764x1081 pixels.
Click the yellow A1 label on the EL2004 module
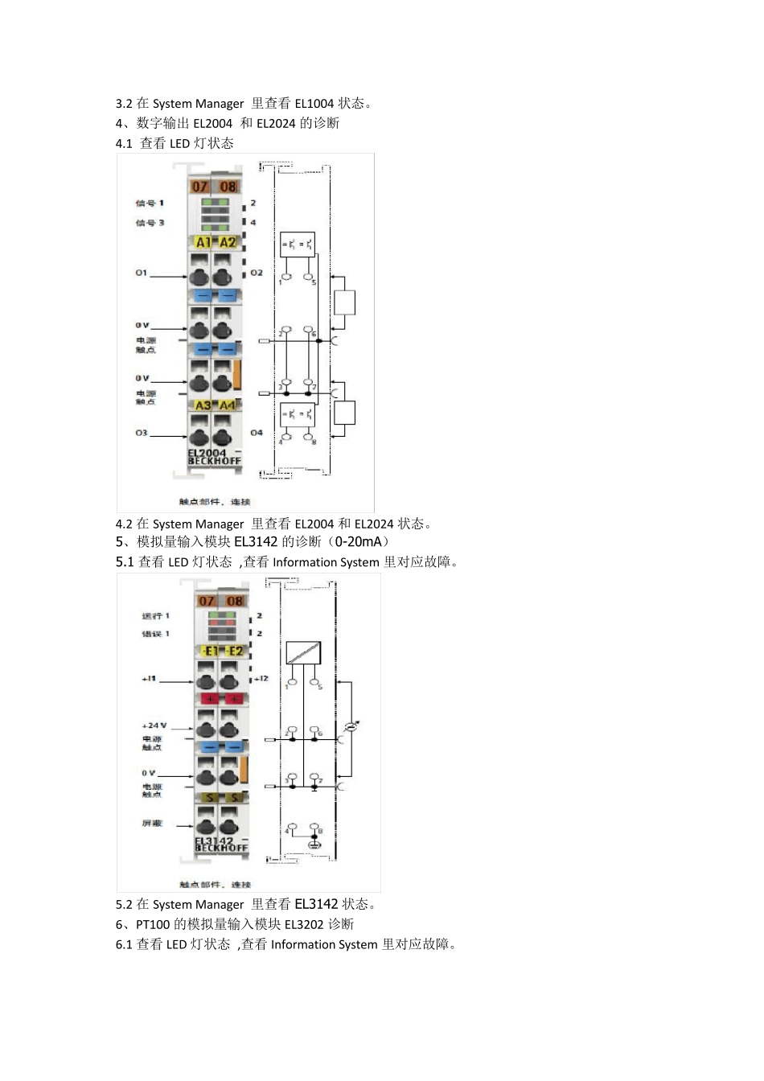[203, 242]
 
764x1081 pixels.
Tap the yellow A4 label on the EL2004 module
[228, 405]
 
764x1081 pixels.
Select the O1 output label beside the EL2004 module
[142, 273]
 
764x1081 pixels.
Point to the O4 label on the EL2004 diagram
[256, 433]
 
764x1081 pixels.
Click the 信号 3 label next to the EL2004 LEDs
[150, 222]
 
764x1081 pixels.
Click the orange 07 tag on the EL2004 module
[200, 187]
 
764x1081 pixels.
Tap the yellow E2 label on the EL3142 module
[235, 651]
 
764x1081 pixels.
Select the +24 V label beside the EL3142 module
[154, 725]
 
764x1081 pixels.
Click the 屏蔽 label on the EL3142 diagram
[152, 824]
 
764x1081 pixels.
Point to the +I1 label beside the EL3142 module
[150, 679]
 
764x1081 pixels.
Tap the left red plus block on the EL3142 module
[209, 698]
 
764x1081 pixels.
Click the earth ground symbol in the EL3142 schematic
[314, 845]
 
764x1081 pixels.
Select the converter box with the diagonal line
[303, 652]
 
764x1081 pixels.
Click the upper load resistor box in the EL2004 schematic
[344, 302]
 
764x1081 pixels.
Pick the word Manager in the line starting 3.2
[220, 104]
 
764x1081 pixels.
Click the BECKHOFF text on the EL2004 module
[208, 462]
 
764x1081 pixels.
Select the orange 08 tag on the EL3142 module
[235, 601]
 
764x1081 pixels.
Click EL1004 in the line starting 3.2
[314, 104]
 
